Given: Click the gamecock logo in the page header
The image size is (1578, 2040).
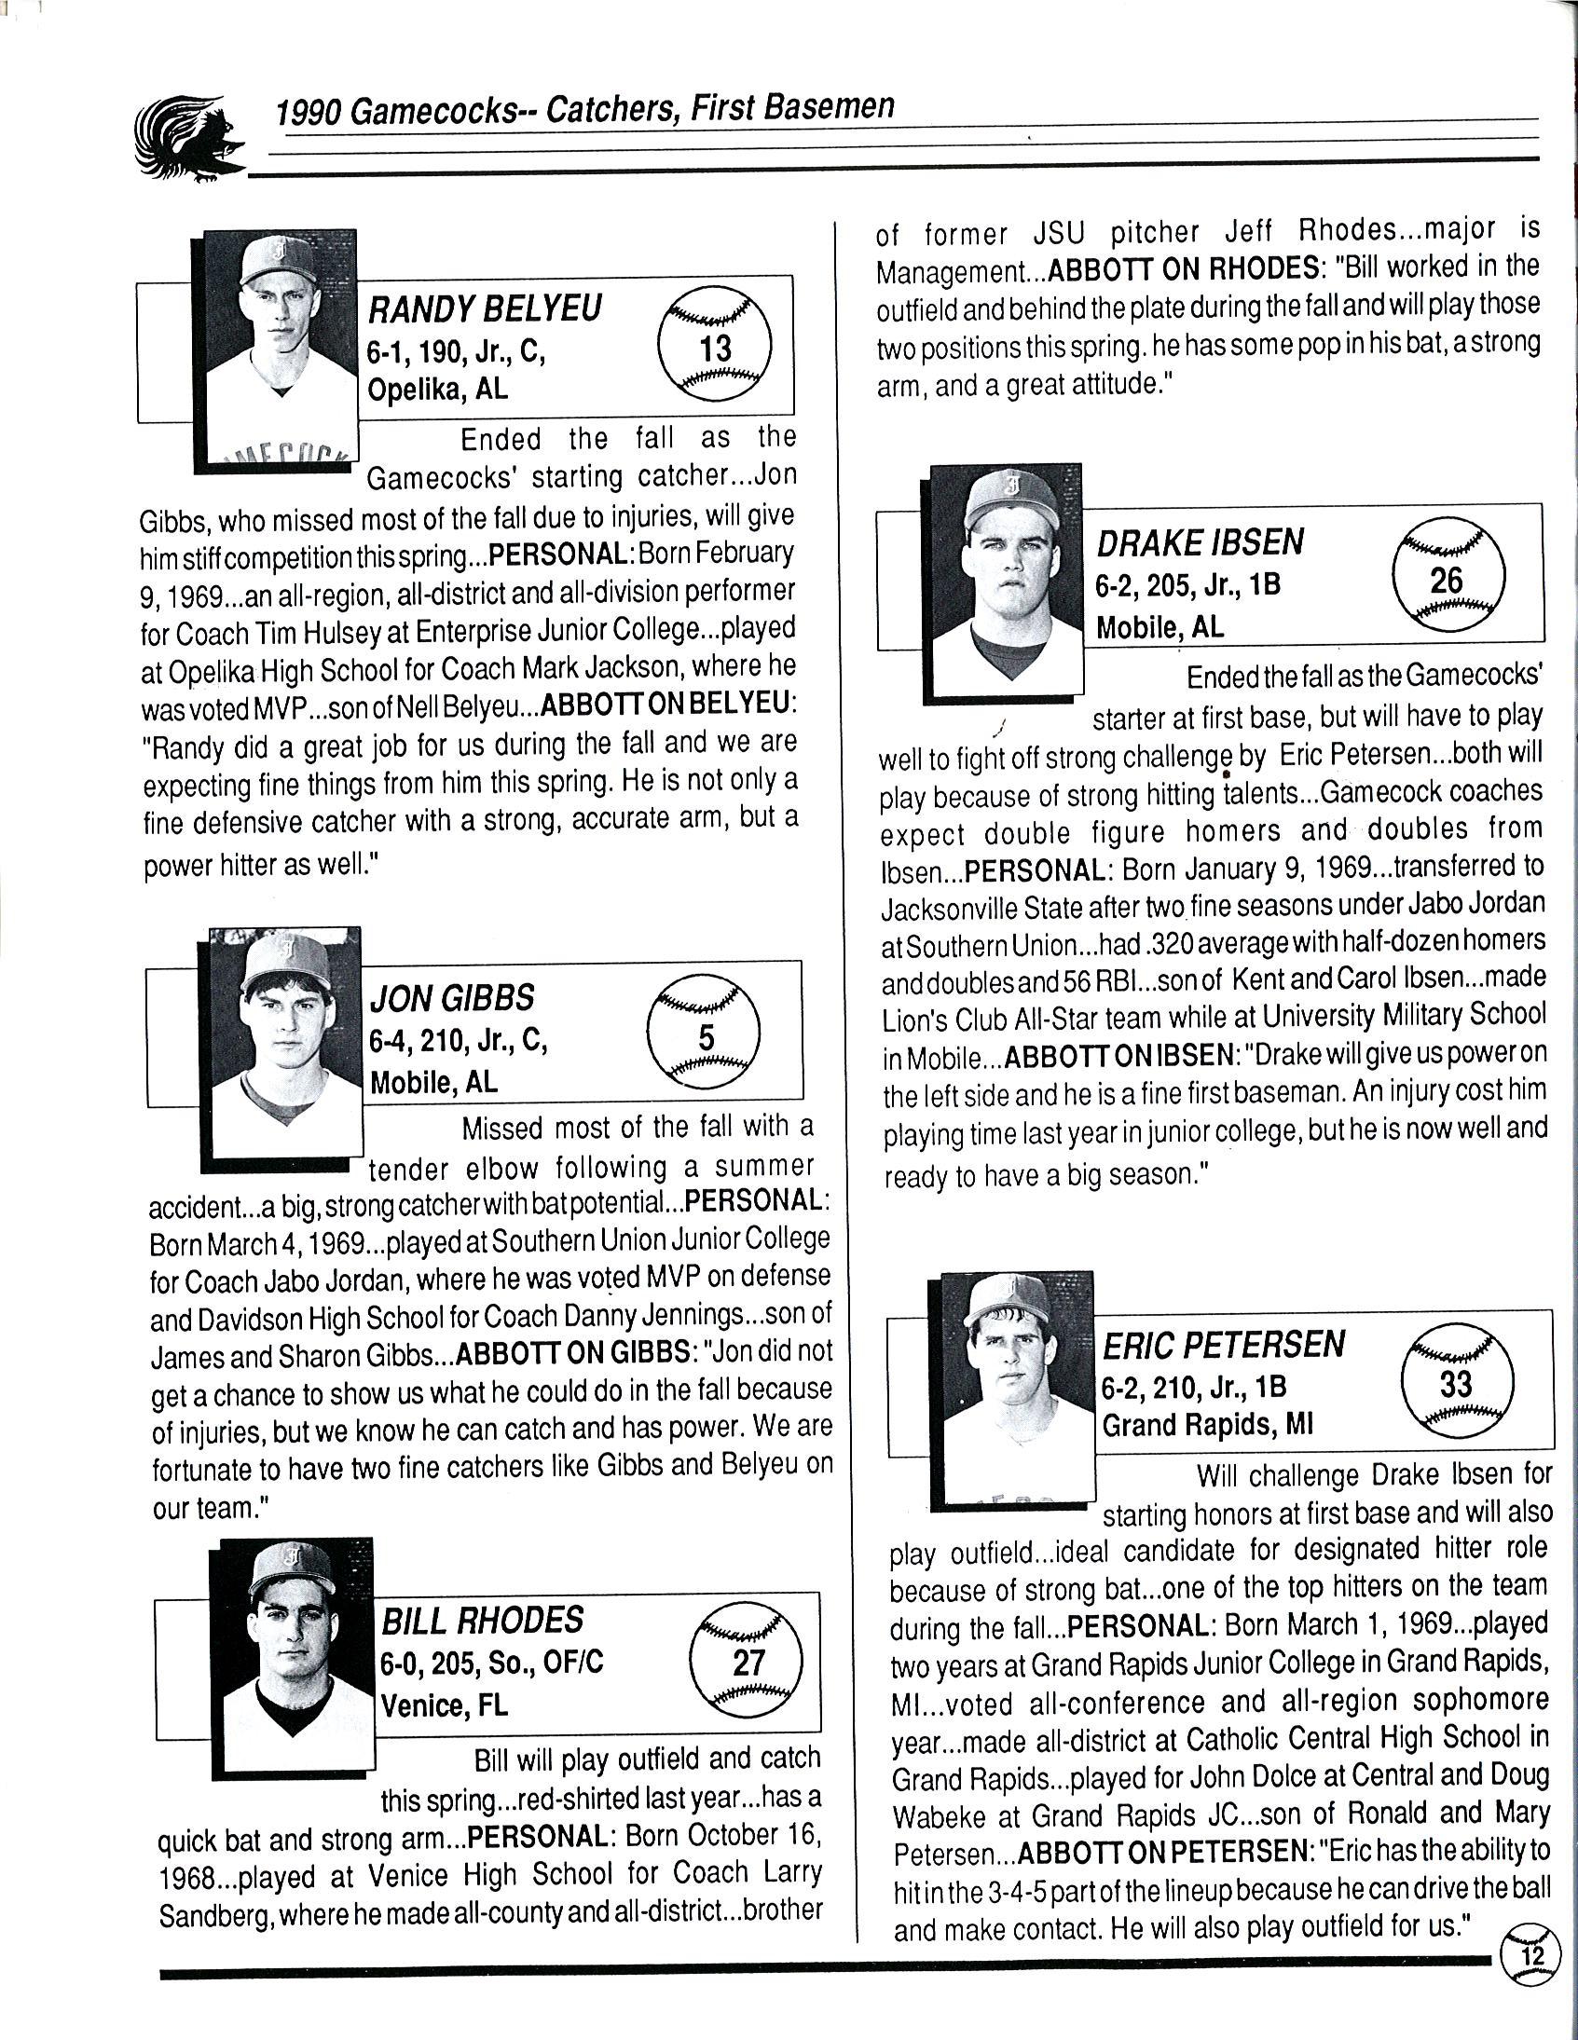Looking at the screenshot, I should (x=189, y=138).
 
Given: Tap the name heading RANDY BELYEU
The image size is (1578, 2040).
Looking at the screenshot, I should (x=485, y=308).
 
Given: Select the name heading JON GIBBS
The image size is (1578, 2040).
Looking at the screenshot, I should (x=452, y=997).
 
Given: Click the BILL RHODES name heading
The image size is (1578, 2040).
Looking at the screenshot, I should (x=482, y=1619).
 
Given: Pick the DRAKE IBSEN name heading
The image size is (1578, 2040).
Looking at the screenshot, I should (x=1201, y=541).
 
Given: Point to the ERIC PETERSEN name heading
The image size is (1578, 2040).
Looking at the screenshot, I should (x=1224, y=1344).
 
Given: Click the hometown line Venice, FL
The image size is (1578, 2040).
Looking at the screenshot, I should (x=444, y=1705).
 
